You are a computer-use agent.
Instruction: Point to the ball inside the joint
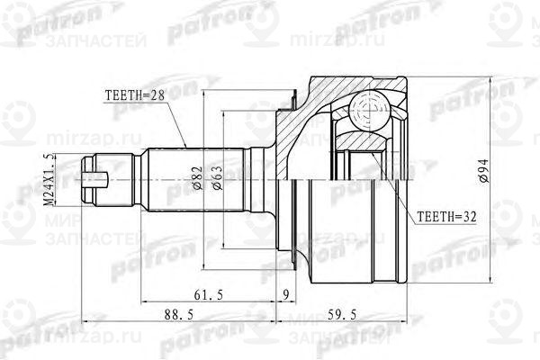point(370,110)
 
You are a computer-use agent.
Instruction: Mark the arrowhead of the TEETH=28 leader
point(185,148)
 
